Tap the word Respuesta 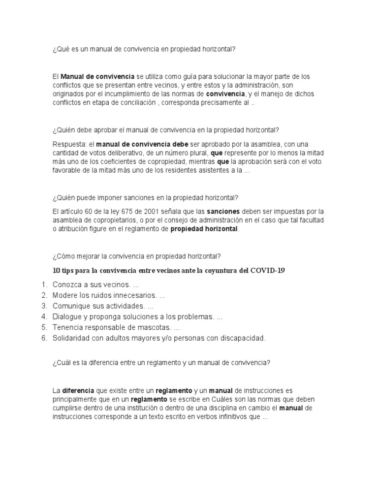pyautogui.click(x=68, y=144)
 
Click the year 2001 pyautogui.click(x=148, y=211)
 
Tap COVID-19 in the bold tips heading pyautogui.click(x=268, y=270)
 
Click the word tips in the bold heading pyautogui.click(x=69, y=270)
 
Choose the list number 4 pyautogui.click(x=44, y=316)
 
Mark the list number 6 pyautogui.click(x=44, y=338)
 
